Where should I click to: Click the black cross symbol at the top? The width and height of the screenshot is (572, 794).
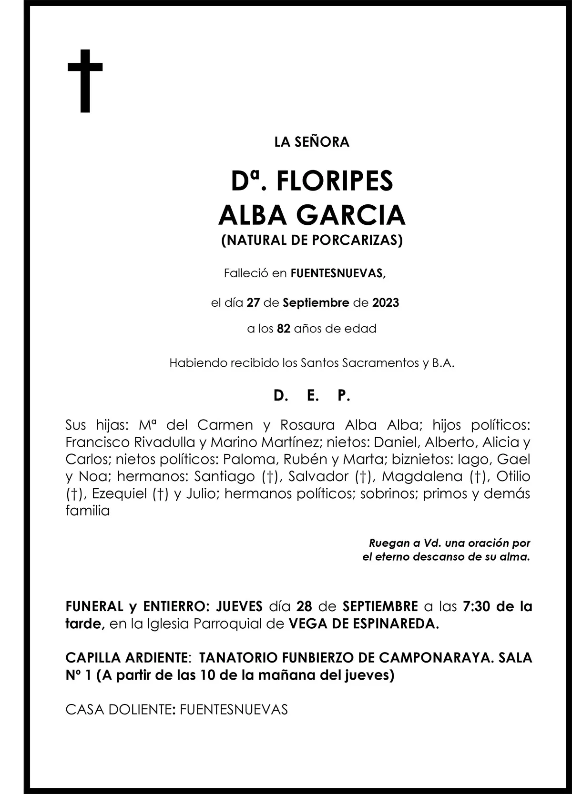click(85, 80)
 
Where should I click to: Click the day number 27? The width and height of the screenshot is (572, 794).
click(253, 302)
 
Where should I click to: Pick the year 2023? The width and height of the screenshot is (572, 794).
click(386, 302)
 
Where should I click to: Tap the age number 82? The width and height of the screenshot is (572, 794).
click(284, 329)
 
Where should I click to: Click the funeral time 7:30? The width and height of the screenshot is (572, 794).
click(477, 606)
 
